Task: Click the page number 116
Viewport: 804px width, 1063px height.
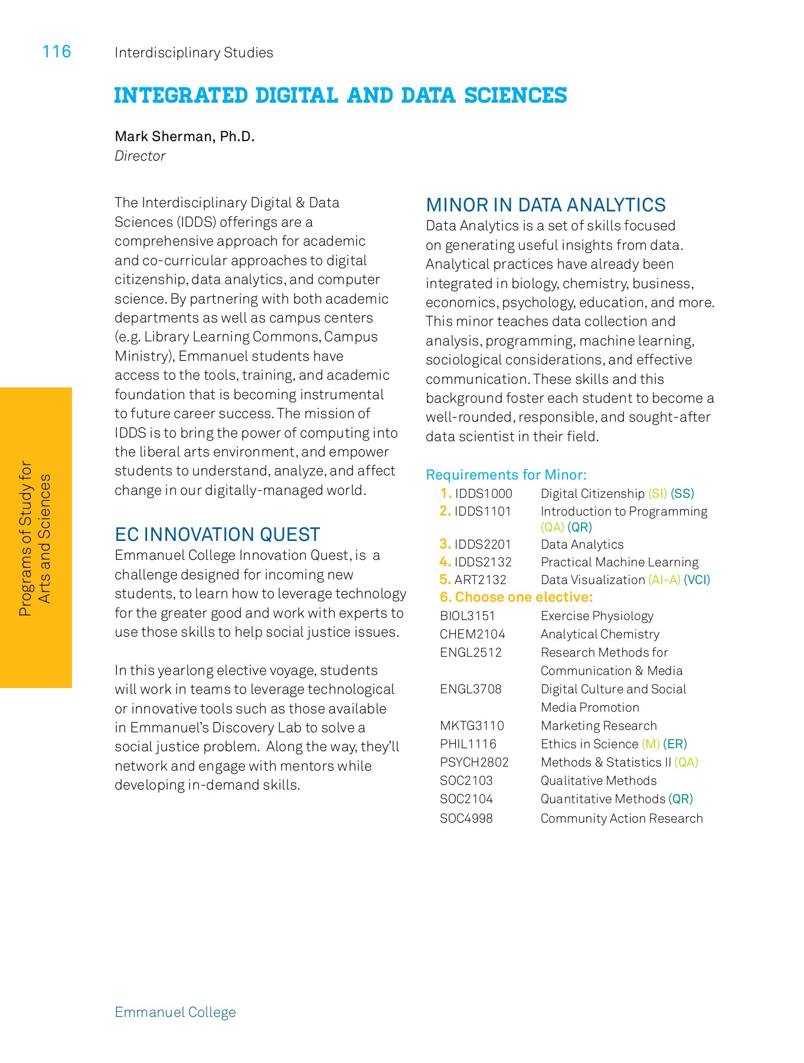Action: tap(57, 52)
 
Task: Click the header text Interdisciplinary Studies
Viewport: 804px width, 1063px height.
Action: tap(194, 53)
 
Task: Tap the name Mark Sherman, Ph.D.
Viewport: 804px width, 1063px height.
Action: tap(184, 136)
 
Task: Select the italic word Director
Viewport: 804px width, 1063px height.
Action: tap(140, 156)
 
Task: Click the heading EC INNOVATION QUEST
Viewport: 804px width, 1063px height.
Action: tap(217, 534)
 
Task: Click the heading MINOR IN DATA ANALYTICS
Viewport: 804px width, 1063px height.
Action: tap(545, 205)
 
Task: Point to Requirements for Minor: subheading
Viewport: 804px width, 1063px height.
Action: tap(506, 475)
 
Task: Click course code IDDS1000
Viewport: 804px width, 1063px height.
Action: tap(483, 494)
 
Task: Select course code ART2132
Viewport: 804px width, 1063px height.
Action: tap(480, 580)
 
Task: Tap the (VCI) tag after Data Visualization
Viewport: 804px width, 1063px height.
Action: tap(697, 580)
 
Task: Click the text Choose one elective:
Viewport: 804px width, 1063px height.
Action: tap(524, 597)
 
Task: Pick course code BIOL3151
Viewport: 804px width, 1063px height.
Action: tap(468, 616)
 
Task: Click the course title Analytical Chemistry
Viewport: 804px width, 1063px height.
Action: tap(600, 634)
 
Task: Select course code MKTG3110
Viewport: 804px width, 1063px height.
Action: tap(472, 726)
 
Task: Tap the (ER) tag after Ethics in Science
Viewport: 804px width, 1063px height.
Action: tap(675, 744)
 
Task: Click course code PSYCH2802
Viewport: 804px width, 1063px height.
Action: tap(474, 762)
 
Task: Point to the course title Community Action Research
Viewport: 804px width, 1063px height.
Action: tap(622, 819)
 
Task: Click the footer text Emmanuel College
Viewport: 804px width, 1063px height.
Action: tap(175, 1012)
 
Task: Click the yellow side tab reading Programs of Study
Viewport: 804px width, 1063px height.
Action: tap(35, 537)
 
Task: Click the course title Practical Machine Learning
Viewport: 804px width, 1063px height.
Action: tap(619, 562)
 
